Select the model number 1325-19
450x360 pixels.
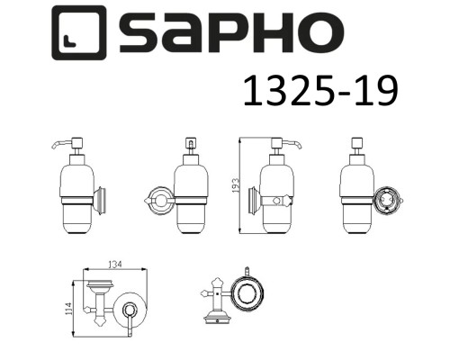[320, 93]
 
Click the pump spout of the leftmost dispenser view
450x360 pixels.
[56, 143]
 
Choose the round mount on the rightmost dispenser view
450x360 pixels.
[388, 199]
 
